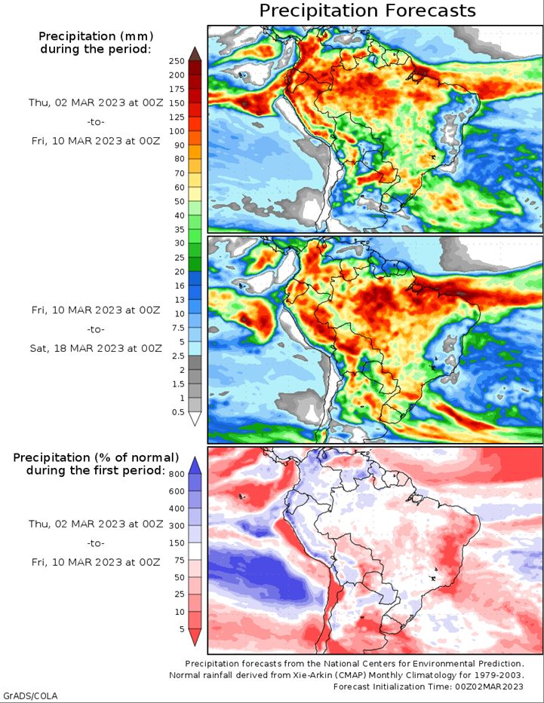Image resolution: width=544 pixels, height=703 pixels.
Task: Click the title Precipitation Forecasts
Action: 367,11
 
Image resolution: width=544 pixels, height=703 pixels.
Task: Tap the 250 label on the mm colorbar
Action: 177,62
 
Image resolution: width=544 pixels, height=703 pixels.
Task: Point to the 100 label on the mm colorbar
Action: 177,131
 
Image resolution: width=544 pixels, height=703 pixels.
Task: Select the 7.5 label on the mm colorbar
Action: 178,328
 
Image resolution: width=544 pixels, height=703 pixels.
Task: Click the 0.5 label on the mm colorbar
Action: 178,412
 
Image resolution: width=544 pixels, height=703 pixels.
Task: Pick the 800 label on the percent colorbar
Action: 177,474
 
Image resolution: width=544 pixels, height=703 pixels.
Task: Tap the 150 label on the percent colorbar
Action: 177,543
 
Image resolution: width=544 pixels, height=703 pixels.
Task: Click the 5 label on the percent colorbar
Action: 182,629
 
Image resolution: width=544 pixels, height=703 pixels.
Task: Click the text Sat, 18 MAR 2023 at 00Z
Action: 96,348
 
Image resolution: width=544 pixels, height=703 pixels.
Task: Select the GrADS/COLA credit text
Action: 30,695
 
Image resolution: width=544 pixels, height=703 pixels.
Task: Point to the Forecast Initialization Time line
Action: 429,686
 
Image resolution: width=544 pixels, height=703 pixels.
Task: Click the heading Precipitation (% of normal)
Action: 96,457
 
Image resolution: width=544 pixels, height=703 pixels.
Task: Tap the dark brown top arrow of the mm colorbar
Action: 195,53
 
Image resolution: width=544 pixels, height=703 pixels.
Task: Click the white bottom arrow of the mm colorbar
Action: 195,419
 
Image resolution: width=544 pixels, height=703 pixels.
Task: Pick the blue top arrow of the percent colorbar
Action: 195,466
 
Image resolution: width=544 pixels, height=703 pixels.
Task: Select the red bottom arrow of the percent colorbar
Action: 195,637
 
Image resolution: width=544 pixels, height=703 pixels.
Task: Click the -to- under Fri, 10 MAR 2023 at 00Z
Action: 96,329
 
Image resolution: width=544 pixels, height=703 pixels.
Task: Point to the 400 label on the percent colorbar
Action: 177,509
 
